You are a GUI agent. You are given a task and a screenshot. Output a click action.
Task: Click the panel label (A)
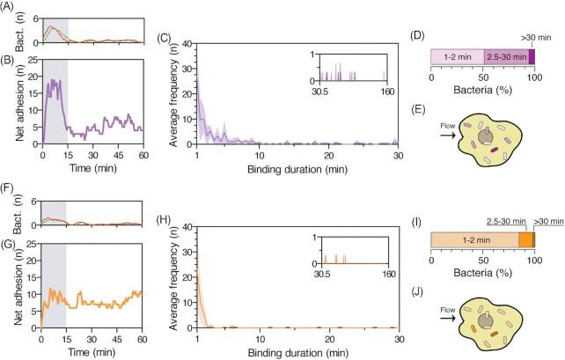pyautogui.click(x=10, y=6)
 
